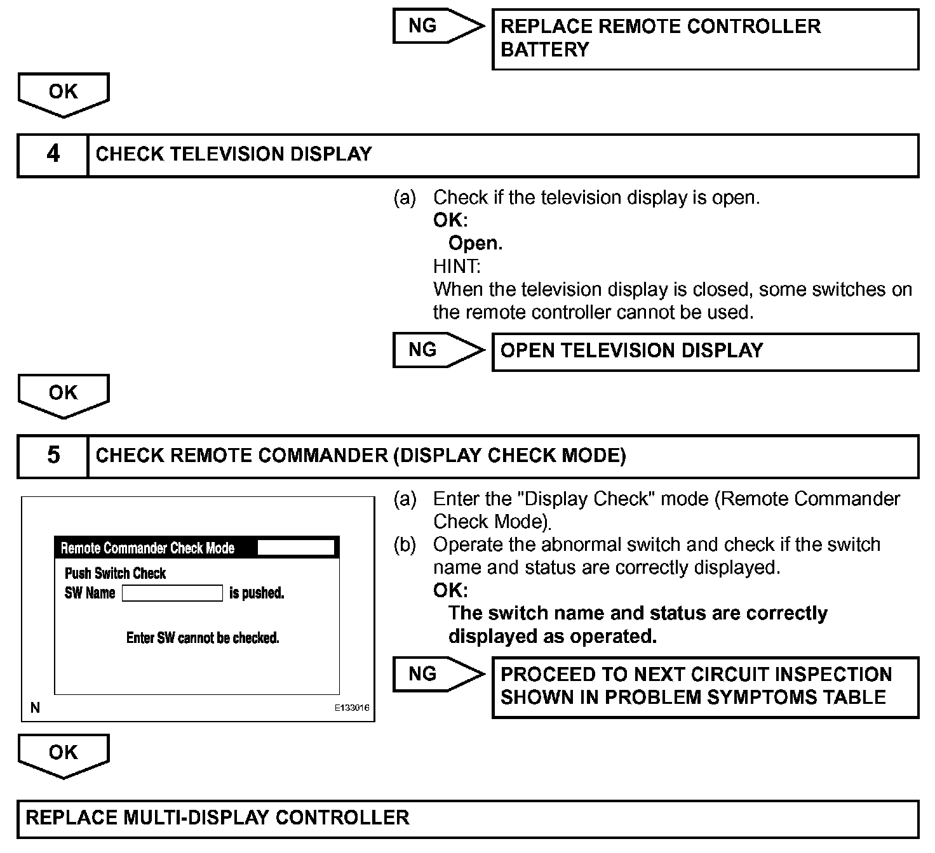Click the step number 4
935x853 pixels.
[53, 154]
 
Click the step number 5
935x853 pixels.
[53, 456]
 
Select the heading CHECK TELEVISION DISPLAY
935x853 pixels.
[234, 154]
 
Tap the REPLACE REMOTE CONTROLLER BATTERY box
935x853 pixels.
[705, 39]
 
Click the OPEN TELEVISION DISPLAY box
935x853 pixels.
[705, 351]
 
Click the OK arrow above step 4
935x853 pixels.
[64, 93]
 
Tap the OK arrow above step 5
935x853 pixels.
[64, 394]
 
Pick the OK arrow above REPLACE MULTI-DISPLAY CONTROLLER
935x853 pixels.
[64, 754]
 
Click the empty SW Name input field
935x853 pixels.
[172, 593]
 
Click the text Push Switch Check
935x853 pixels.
[115, 574]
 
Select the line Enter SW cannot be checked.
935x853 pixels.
[203, 638]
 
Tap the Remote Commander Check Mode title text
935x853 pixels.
[147, 548]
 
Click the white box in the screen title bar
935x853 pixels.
[295, 548]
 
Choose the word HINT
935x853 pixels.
[457, 267]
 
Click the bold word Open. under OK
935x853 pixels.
[475, 244]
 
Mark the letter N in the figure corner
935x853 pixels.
[35, 708]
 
